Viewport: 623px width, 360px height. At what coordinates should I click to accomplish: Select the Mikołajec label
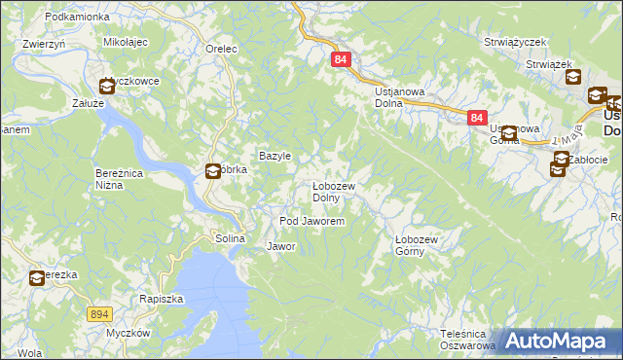(x=125, y=43)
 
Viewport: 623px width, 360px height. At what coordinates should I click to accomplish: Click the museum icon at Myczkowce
(x=106, y=86)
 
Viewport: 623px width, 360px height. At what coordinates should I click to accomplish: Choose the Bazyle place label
(x=275, y=156)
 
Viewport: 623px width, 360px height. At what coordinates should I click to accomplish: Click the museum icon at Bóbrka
(x=212, y=172)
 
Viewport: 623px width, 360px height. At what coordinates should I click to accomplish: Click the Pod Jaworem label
(x=312, y=222)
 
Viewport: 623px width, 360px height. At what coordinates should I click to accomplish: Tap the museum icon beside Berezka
(x=36, y=278)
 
